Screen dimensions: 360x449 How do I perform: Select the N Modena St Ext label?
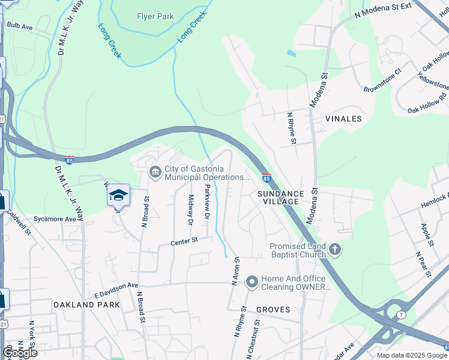click(384, 12)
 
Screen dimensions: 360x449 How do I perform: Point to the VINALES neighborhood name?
click(343, 119)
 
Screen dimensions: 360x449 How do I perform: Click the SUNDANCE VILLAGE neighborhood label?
click(278, 197)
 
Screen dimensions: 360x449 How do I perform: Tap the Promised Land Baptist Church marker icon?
click(335, 249)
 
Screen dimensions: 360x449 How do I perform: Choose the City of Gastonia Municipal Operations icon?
click(155, 173)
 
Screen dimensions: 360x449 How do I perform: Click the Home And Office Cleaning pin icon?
click(252, 281)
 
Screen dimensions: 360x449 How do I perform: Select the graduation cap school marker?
click(118, 196)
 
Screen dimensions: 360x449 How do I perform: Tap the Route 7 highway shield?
click(402, 315)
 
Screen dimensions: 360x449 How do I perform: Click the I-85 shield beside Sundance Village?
click(266, 178)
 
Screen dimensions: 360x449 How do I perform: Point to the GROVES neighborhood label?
click(273, 310)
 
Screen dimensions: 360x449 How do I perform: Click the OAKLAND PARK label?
click(86, 305)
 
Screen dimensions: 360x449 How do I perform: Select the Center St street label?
click(184, 241)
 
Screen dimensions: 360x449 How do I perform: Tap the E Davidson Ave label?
click(116, 290)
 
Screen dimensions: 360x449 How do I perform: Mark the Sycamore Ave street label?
click(54, 219)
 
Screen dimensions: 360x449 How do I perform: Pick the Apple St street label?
click(426, 235)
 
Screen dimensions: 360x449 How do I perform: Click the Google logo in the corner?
click(20, 352)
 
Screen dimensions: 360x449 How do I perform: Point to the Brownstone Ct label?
click(381, 83)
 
